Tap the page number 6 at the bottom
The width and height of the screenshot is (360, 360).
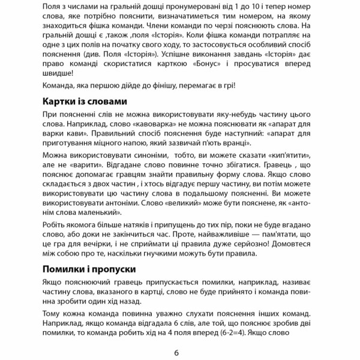coord(177,352)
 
